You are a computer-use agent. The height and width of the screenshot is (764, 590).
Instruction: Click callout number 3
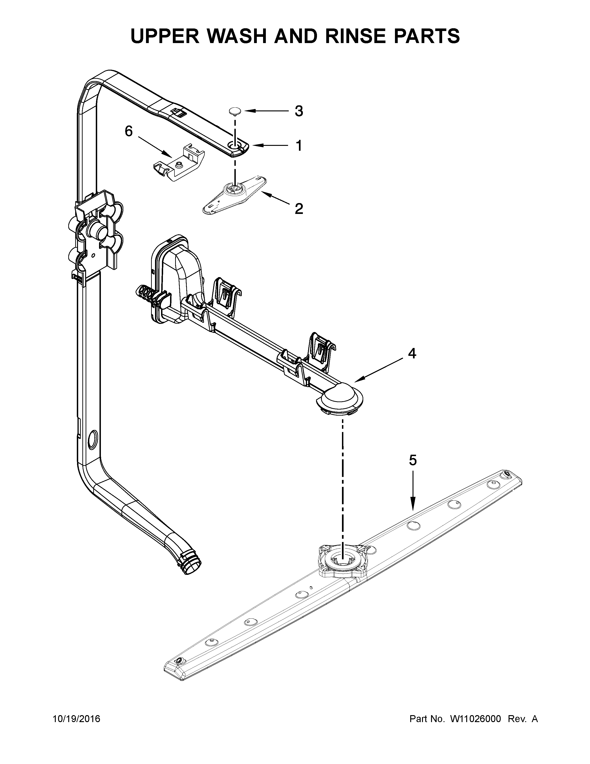[x=298, y=111]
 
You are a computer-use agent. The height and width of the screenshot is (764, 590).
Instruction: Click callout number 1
[x=298, y=146]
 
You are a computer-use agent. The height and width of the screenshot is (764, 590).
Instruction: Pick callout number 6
[x=129, y=132]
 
